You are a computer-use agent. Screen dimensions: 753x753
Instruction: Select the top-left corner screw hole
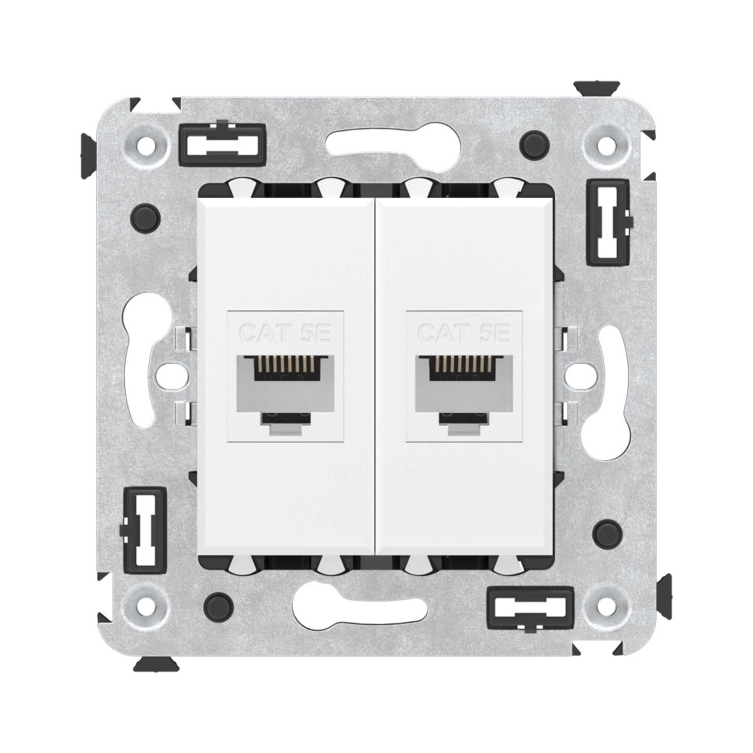[x=148, y=143]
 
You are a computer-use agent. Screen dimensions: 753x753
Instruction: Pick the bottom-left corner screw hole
[x=148, y=599]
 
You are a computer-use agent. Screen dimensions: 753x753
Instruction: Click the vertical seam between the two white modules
[x=376, y=376]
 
